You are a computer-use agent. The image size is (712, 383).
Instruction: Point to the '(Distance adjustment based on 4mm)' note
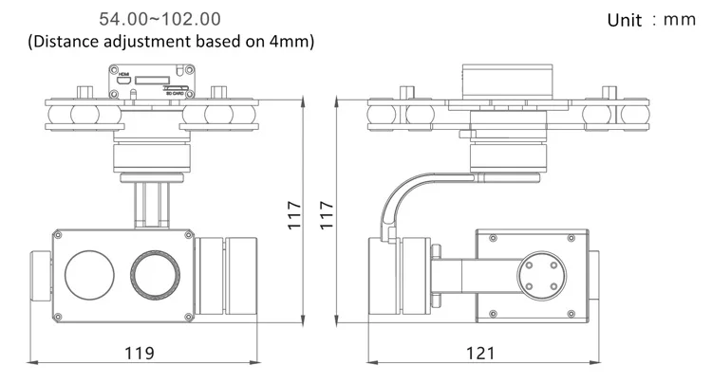[172, 42]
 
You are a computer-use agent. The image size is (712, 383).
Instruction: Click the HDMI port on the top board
[123, 80]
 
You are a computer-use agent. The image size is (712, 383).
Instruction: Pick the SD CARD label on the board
[177, 94]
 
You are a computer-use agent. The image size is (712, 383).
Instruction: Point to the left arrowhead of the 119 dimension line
[32, 362]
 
